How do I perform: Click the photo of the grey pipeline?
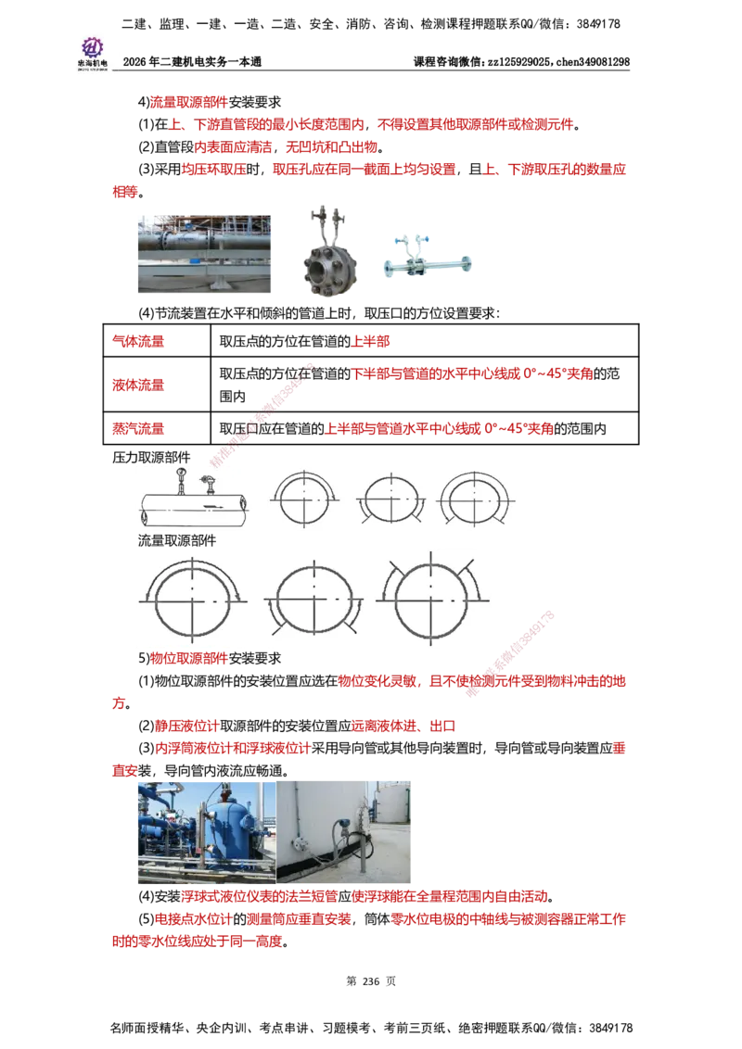click(x=204, y=255)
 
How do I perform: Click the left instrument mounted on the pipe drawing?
click(x=181, y=480)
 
